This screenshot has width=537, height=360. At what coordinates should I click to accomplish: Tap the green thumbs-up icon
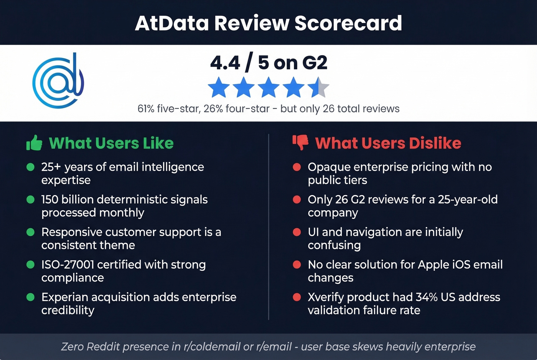34,143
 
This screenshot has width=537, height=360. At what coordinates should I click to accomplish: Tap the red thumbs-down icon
300,142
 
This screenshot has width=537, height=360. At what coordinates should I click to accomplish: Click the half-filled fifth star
318,87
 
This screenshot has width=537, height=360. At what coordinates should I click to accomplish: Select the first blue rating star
219,87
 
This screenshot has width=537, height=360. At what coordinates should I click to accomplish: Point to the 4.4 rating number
225,62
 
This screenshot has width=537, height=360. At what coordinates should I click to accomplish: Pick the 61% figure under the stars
146,108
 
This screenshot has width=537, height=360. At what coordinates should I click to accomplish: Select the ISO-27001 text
68,265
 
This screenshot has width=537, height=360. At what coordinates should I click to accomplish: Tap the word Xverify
326,297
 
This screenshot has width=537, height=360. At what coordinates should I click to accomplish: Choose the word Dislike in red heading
435,143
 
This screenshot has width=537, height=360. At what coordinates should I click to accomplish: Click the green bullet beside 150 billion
30,199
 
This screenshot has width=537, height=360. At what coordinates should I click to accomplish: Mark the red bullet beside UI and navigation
297,232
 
